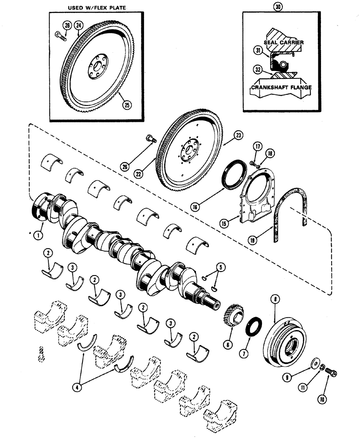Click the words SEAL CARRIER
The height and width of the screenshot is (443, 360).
(x=284, y=42)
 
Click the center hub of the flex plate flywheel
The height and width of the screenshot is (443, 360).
(x=94, y=66)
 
